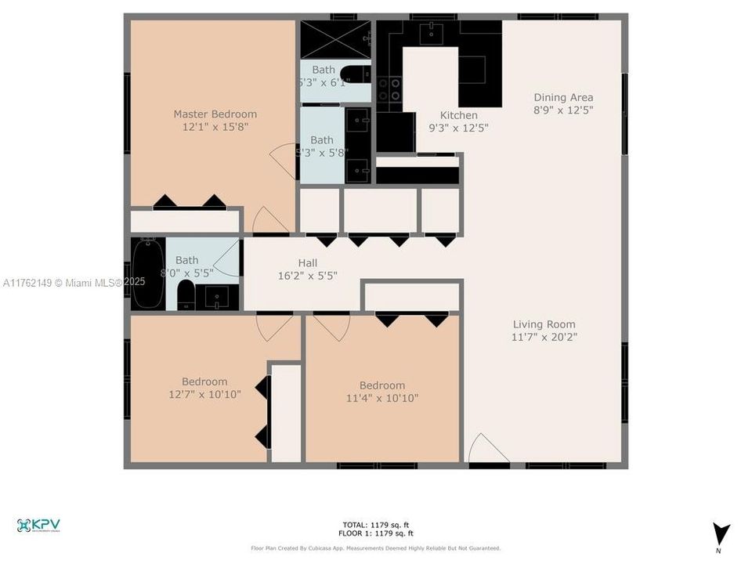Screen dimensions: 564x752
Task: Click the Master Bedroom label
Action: click(215, 114)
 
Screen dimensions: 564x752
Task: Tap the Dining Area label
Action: click(563, 98)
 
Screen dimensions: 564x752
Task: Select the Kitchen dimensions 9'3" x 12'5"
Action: click(458, 128)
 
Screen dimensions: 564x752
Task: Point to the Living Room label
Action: click(544, 324)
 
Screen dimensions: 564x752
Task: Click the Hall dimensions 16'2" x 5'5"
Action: click(307, 276)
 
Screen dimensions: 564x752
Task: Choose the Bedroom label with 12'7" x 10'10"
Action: click(204, 381)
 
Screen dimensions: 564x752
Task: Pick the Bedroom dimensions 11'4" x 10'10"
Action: click(382, 398)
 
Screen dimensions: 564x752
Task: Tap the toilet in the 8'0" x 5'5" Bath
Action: click(186, 295)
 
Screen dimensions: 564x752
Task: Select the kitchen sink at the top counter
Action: click(430, 32)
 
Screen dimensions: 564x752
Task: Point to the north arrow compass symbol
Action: click(721, 533)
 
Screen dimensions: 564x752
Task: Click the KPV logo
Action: click(38, 526)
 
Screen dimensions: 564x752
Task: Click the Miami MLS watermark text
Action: click(74, 282)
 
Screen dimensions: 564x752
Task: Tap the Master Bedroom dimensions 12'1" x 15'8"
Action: click(215, 128)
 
